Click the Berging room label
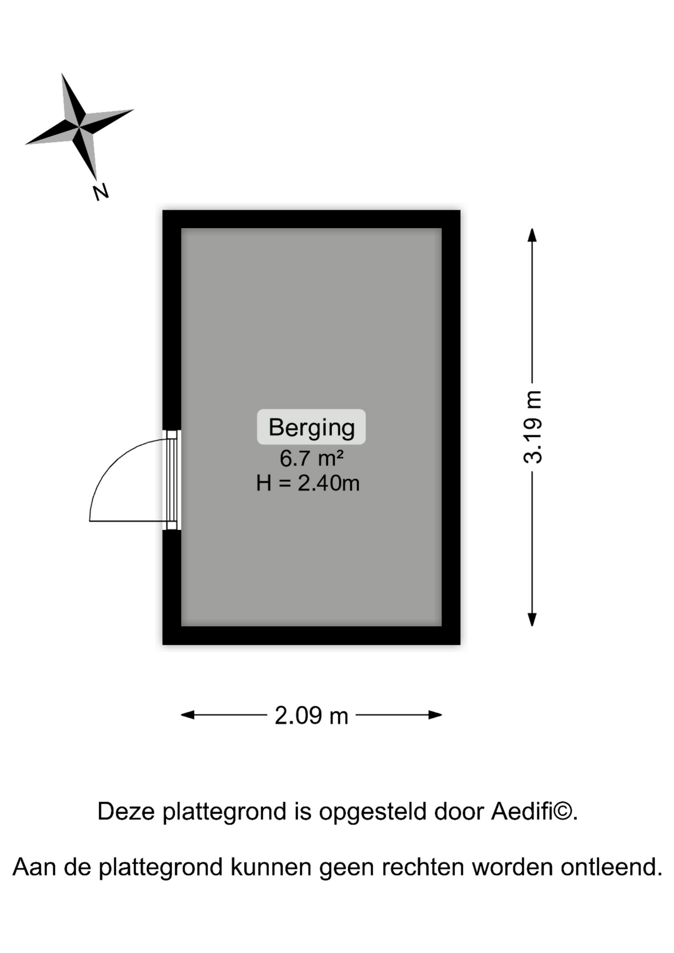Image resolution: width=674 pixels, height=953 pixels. pyautogui.click(x=311, y=427)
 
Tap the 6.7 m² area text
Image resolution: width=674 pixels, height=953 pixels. pyautogui.click(x=311, y=458)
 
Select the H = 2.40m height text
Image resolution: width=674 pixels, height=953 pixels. pyautogui.click(x=308, y=483)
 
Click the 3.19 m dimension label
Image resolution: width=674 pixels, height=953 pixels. pyautogui.click(x=533, y=427)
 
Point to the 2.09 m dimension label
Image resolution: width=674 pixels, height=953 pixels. pyautogui.click(x=311, y=716)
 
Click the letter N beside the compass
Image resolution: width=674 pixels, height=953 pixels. pyautogui.click(x=101, y=192)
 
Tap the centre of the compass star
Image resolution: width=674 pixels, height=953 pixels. pyautogui.click(x=79, y=127)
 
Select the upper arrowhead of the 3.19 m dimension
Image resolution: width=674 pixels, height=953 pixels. pyautogui.click(x=532, y=235)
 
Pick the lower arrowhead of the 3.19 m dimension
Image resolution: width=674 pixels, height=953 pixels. pyautogui.click(x=532, y=619)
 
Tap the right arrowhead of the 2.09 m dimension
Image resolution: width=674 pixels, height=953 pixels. pyautogui.click(x=435, y=715)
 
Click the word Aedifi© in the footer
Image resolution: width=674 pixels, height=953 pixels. pyautogui.click(x=534, y=812)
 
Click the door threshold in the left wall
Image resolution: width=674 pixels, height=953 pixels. pyautogui.click(x=172, y=480)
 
